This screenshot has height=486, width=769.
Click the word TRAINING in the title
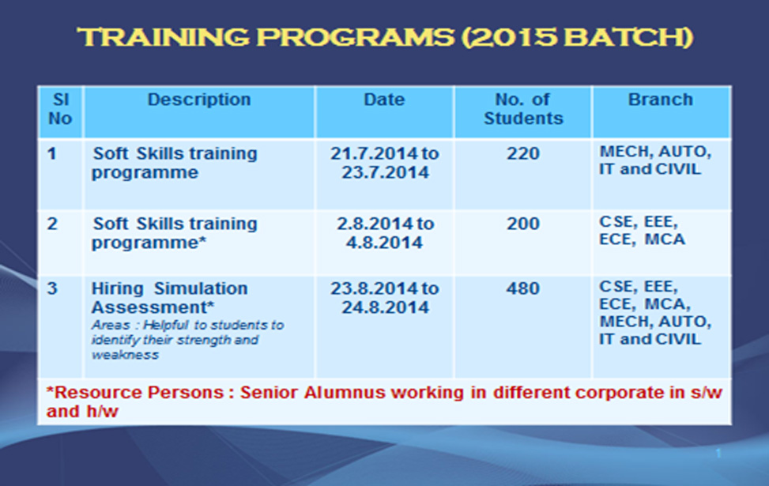[x=164, y=37]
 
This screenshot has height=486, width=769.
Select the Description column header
[x=199, y=100]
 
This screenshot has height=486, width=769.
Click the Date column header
[x=384, y=100]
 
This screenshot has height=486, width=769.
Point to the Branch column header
[x=661, y=100]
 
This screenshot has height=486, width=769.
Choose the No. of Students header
[x=523, y=109]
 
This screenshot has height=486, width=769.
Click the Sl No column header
[x=60, y=109]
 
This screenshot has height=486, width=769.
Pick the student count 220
[x=523, y=153]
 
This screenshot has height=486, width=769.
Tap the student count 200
[x=523, y=224]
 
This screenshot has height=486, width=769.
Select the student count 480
[x=523, y=288]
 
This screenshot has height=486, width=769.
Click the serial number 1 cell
[x=52, y=153]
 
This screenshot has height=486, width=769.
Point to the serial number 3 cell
[x=52, y=288]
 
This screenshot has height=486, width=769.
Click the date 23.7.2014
[x=385, y=172]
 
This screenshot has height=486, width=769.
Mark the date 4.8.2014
[x=384, y=243]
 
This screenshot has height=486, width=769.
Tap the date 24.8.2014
[x=385, y=307]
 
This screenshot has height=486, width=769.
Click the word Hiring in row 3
[x=117, y=289]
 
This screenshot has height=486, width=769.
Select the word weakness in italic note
[x=125, y=355]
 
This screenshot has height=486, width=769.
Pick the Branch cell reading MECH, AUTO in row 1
[x=655, y=152]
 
